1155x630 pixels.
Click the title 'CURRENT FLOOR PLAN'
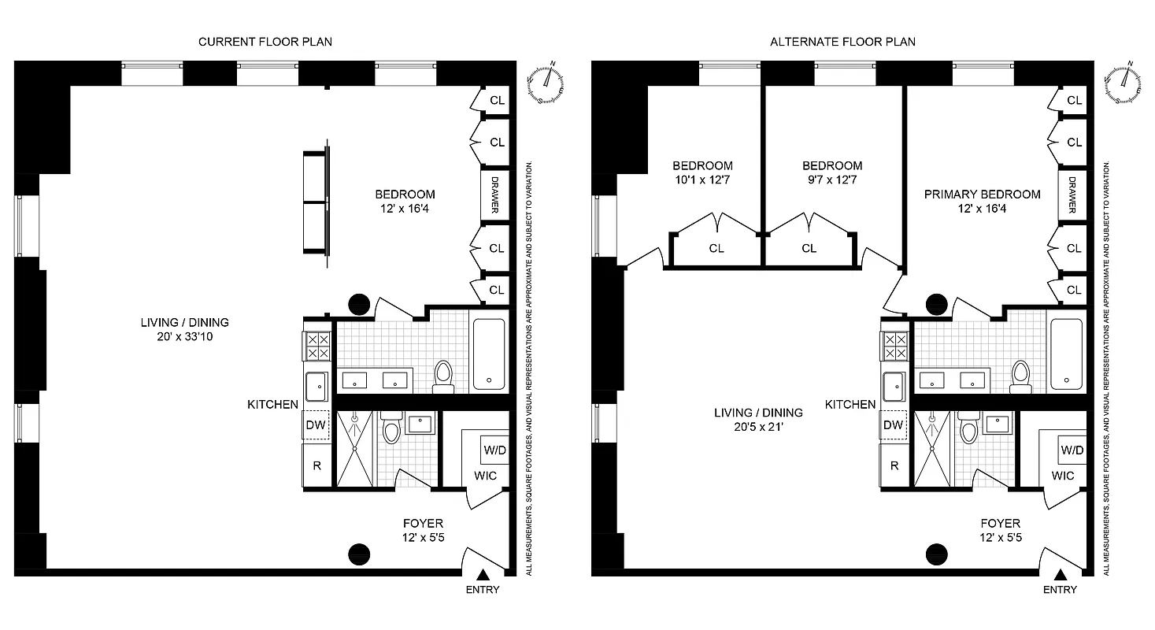[265, 42]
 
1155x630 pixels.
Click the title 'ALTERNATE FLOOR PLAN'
[842, 42]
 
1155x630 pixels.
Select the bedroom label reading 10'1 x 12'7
[702, 173]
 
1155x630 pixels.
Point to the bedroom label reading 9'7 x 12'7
[832, 173]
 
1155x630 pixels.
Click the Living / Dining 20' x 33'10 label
[185, 329]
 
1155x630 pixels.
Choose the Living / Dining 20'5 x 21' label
[758, 420]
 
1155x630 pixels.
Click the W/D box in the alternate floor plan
[1072, 450]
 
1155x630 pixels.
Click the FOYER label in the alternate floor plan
[1000, 523]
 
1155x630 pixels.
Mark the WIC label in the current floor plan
[485, 476]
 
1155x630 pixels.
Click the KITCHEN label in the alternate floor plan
[850, 404]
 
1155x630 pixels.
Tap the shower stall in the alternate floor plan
[931, 449]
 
